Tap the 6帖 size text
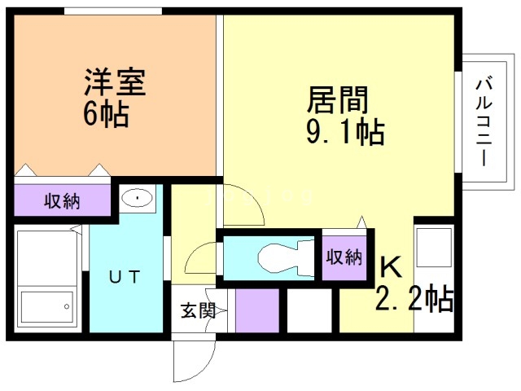click(105, 115)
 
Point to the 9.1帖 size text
click(345, 131)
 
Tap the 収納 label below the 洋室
click(62, 201)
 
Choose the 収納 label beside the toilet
click(344, 257)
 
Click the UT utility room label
click(126, 277)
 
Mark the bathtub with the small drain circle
click(46, 307)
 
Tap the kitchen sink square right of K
click(433, 244)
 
